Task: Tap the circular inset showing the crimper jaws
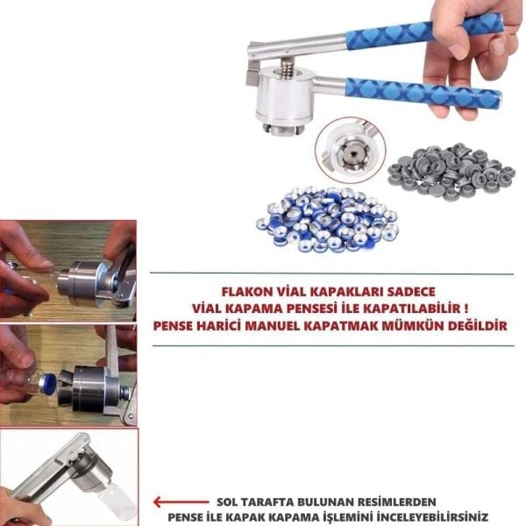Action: [351, 149]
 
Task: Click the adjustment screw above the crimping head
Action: [284, 64]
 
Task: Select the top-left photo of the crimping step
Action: [68, 270]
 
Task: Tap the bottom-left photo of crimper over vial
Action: [68, 476]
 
